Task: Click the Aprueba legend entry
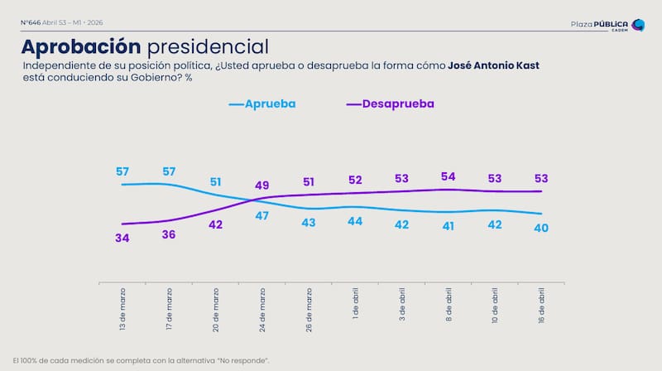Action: [262, 104]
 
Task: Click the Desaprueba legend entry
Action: [390, 104]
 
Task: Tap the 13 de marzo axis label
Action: [123, 310]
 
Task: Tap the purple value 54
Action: [449, 177]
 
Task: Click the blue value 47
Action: [262, 215]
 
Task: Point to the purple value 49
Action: [262, 185]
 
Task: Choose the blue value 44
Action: [355, 222]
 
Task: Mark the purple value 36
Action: [169, 235]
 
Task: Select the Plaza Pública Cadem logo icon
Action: [637, 26]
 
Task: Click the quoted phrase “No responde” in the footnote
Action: [245, 361]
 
